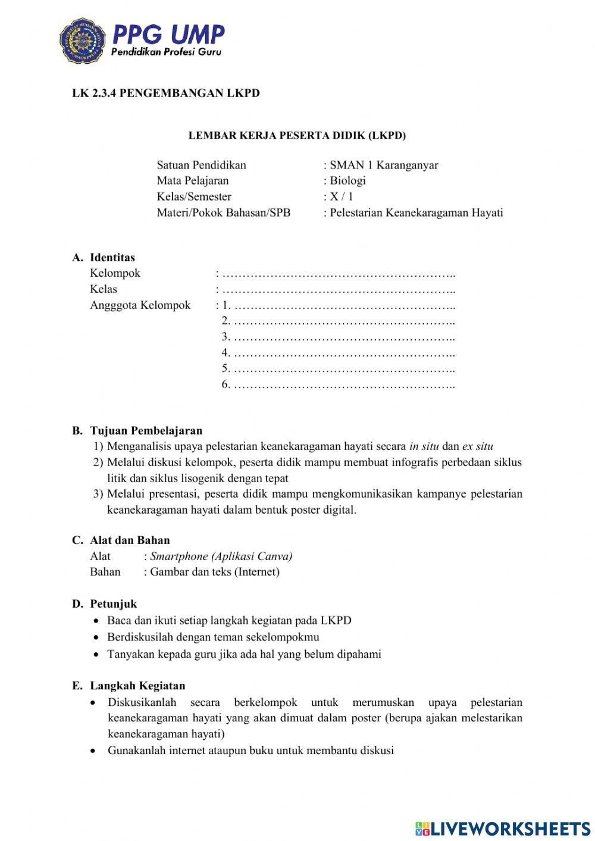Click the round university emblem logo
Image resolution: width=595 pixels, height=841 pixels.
tap(82, 40)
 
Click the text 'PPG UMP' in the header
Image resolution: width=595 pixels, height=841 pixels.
tap(168, 34)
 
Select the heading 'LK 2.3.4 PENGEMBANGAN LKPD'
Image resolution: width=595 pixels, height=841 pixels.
tap(166, 93)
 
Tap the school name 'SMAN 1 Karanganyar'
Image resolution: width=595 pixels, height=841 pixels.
tap(384, 165)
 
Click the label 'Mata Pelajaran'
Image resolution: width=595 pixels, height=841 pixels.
tap(193, 180)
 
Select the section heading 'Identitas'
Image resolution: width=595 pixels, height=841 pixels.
tap(112, 258)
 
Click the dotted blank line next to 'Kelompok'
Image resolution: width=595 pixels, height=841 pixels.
tap(337, 274)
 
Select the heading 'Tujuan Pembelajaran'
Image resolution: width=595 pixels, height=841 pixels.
tap(146, 430)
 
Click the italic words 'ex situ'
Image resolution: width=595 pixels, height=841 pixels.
tap(477, 446)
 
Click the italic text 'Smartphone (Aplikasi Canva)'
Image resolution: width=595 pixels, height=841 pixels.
tap(221, 557)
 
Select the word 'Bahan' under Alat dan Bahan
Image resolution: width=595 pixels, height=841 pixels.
tap(105, 572)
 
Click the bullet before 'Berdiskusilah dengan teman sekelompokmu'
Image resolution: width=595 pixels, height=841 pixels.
tap(96, 637)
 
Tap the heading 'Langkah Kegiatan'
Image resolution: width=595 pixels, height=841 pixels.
tap(137, 686)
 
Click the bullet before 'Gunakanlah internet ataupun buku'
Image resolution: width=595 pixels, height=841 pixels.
tap(94, 751)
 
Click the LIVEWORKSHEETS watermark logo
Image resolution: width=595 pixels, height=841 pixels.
tap(502, 828)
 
